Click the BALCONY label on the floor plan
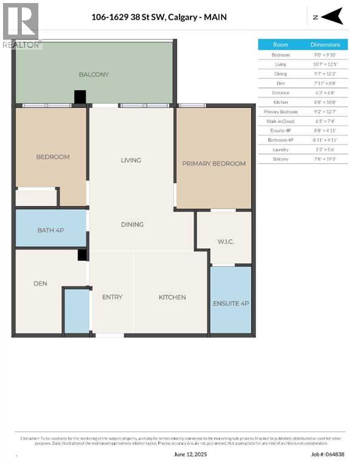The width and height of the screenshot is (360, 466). pyautogui.click(x=93, y=75)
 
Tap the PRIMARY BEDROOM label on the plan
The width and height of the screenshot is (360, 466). pyautogui.click(x=214, y=163)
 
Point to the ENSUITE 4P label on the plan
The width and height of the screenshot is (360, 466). pyautogui.click(x=231, y=303)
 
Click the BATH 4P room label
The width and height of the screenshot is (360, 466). pyautogui.click(x=50, y=229)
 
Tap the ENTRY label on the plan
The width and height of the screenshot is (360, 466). pyautogui.click(x=112, y=297)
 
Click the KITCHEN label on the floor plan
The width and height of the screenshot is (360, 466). pyautogui.click(x=172, y=297)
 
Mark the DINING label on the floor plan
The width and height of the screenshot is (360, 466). pyautogui.click(x=132, y=224)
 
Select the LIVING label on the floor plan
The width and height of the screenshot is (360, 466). pyautogui.click(x=131, y=160)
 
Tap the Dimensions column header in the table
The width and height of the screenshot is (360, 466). pyautogui.click(x=325, y=45)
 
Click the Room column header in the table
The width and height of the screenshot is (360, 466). pyautogui.click(x=280, y=45)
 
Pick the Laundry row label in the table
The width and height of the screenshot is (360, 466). pyautogui.click(x=280, y=149)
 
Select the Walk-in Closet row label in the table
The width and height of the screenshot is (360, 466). pyautogui.click(x=280, y=121)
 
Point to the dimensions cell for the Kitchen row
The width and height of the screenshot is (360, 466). pyautogui.click(x=325, y=102)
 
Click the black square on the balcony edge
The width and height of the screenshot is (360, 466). pyautogui.click(x=80, y=97)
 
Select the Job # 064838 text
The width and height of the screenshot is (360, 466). pyautogui.click(x=327, y=453)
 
